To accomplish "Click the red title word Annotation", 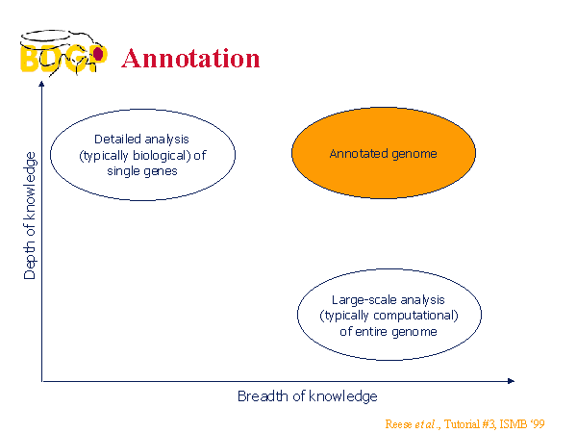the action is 190,59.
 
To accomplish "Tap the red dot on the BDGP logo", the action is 98,54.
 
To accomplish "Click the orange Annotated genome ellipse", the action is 384,153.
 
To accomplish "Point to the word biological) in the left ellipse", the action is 162,155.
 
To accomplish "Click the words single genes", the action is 142,171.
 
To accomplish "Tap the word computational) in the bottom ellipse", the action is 415,316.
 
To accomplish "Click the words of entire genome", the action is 389,332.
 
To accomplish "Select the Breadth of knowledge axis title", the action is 308,396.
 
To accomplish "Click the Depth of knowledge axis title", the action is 30,216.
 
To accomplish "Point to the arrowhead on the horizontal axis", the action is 511,381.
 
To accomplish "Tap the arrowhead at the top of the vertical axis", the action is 41,84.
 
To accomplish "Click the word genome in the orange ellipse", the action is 414,154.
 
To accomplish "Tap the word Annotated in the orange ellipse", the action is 359,154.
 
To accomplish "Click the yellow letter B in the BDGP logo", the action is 29,58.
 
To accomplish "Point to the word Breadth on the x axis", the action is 263,396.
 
